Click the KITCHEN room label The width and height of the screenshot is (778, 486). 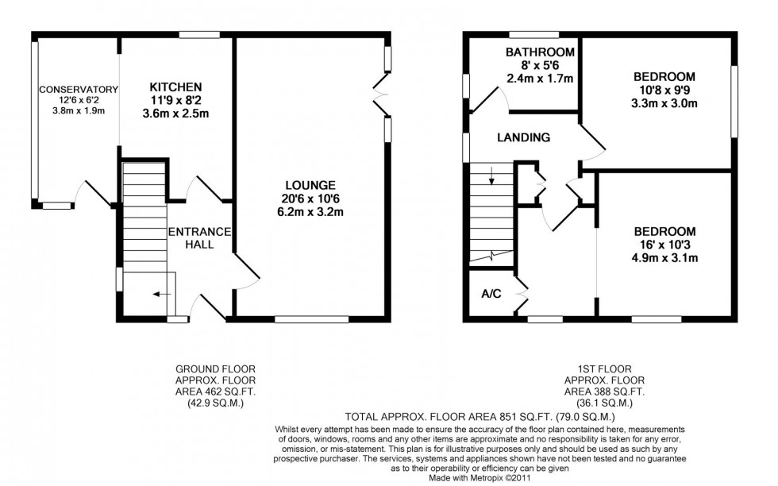[175, 87]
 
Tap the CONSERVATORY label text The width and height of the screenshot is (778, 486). [79, 89]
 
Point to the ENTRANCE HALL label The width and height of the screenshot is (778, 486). [198, 238]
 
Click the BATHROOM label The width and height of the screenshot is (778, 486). [540, 52]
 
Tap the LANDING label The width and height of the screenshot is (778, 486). [523, 137]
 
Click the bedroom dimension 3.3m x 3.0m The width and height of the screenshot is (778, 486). [664, 103]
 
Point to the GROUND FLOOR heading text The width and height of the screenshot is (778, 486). [215, 368]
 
